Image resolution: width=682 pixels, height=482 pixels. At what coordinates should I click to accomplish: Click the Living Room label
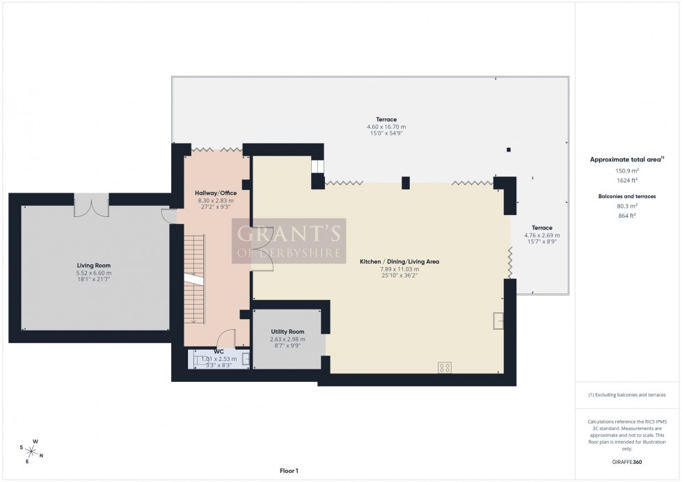tap(93, 265)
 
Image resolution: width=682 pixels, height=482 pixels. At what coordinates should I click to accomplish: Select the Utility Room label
tap(287, 332)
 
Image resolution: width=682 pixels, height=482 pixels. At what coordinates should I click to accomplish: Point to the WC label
tap(219, 352)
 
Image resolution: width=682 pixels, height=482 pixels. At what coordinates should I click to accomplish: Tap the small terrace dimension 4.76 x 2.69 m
tap(542, 235)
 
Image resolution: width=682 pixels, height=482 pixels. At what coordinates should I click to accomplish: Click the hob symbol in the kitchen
tap(444, 368)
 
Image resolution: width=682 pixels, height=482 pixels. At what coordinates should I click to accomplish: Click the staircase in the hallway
tap(195, 278)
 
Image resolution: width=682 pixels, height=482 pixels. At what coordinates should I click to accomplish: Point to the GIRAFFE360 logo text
tap(627, 461)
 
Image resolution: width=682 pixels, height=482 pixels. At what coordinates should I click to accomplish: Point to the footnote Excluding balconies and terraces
tap(627, 394)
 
